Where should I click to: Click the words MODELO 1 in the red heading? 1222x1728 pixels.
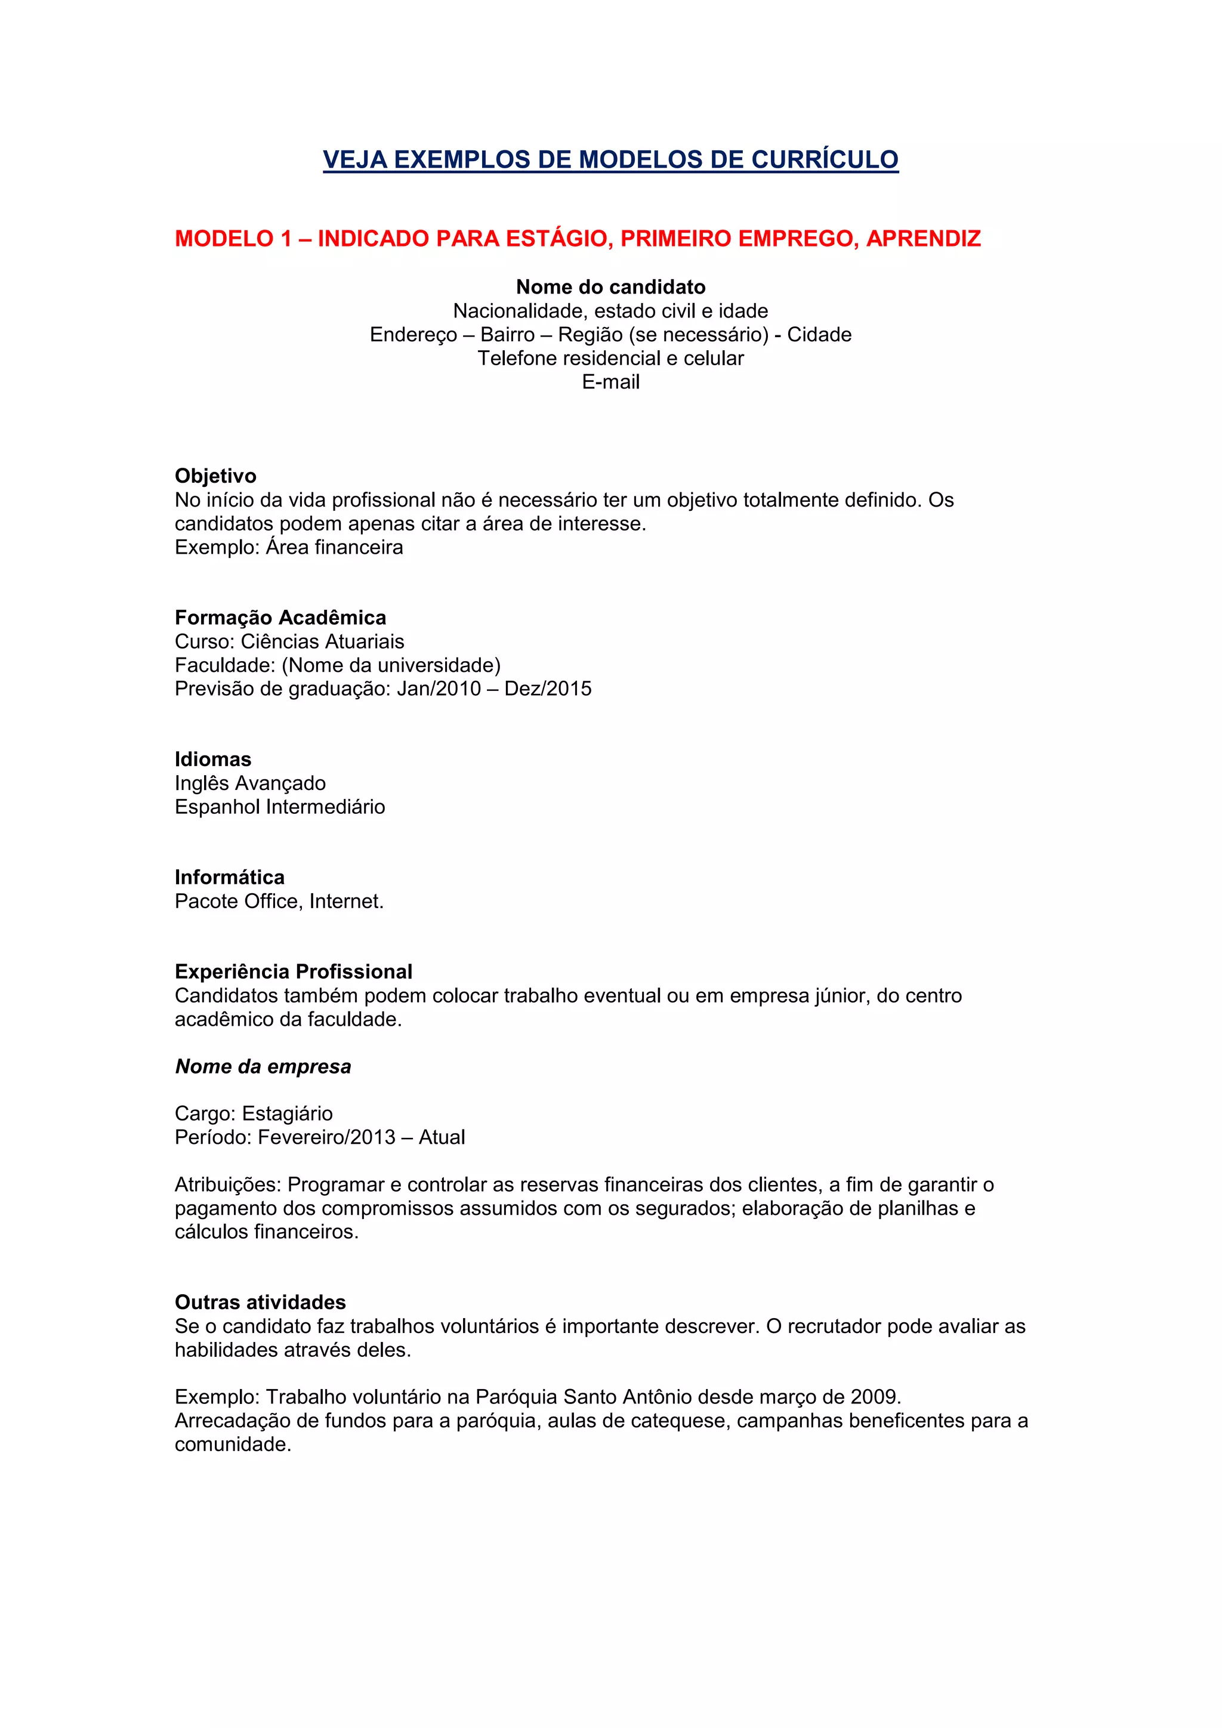233,239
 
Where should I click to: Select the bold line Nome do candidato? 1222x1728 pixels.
610,287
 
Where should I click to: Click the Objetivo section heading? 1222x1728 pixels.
215,476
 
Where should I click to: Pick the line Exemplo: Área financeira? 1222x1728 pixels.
288,547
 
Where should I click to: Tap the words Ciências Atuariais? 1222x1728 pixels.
322,641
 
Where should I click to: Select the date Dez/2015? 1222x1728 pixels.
548,689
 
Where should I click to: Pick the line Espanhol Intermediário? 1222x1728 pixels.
279,807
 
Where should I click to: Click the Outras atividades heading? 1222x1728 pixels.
260,1302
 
